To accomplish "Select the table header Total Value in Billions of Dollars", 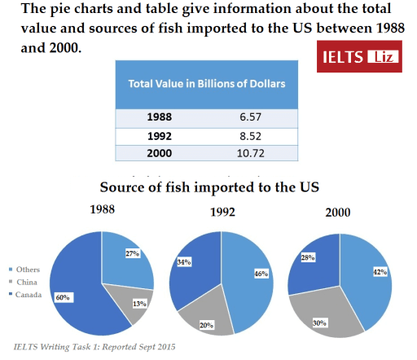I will (212, 84).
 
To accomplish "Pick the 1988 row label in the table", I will (160, 116).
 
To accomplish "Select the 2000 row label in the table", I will (160, 153).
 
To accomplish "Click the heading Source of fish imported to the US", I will (209, 187).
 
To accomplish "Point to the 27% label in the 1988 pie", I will (129, 253).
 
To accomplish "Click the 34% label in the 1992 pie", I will (184, 262).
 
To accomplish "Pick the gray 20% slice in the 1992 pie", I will (205, 320).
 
